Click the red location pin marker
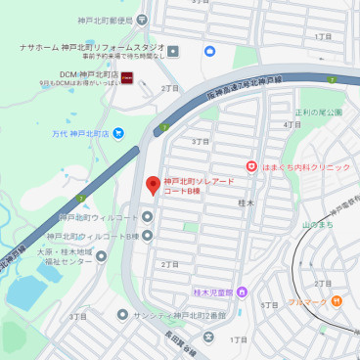pos(153,185)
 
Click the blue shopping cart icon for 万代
pos(118,132)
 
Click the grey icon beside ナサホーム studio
pos(172,51)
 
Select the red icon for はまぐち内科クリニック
pos(251,167)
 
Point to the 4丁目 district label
pos(292,125)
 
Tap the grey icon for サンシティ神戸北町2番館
pos(122,315)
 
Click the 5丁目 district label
pos(270,305)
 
